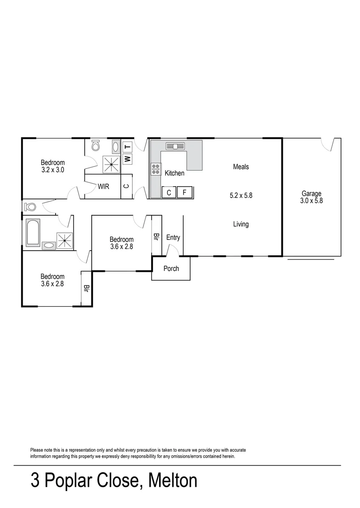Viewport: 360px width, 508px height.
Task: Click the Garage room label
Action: click(x=311, y=193)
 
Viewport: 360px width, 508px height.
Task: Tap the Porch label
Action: click(x=171, y=269)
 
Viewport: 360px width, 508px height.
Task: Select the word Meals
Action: click(x=240, y=167)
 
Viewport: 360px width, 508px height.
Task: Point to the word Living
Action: click(x=240, y=224)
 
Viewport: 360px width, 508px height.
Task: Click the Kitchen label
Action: click(x=174, y=173)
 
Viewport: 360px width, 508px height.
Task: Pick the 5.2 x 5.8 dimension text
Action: click(x=241, y=195)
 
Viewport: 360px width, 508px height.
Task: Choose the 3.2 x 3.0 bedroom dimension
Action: click(x=53, y=170)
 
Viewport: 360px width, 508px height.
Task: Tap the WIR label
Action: click(x=104, y=186)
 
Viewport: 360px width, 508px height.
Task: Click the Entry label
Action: click(x=173, y=238)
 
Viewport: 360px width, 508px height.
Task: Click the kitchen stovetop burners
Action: click(x=155, y=169)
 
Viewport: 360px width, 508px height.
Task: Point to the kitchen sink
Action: click(x=175, y=146)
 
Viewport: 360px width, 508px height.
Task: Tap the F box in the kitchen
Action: click(x=185, y=192)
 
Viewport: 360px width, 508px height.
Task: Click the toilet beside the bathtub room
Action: click(x=31, y=206)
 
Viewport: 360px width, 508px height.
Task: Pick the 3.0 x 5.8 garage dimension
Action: click(x=311, y=200)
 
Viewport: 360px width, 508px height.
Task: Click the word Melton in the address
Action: click(x=173, y=481)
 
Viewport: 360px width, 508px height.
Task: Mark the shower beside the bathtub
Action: click(x=64, y=240)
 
